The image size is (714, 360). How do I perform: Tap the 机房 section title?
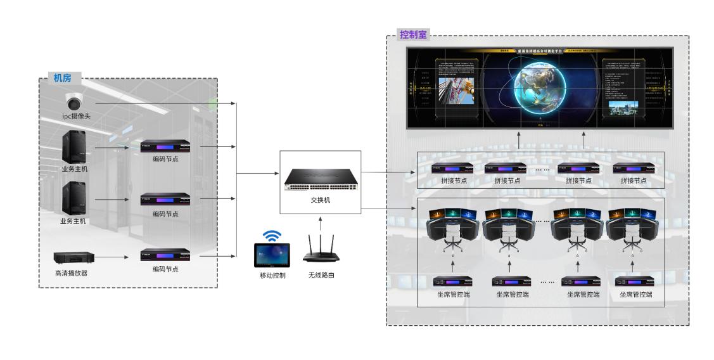[x=62, y=78]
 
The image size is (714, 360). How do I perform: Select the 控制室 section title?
[x=414, y=34]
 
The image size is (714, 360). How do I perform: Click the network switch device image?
[x=320, y=179]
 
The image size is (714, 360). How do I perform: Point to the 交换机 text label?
[x=320, y=200]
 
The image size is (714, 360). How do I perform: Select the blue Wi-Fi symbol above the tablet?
[x=272, y=236]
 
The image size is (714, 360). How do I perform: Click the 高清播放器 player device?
[x=75, y=257]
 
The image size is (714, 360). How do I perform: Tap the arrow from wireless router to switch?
[x=321, y=222]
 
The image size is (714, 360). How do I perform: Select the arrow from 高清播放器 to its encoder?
[x=117, y=257]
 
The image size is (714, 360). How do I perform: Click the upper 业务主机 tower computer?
[x=74, y=146]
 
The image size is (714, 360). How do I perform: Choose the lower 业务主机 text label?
[x=73, y=221]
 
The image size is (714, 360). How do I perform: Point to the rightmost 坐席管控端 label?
[x=635, y=294]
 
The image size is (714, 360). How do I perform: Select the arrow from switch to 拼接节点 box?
[x=386, y=172]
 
